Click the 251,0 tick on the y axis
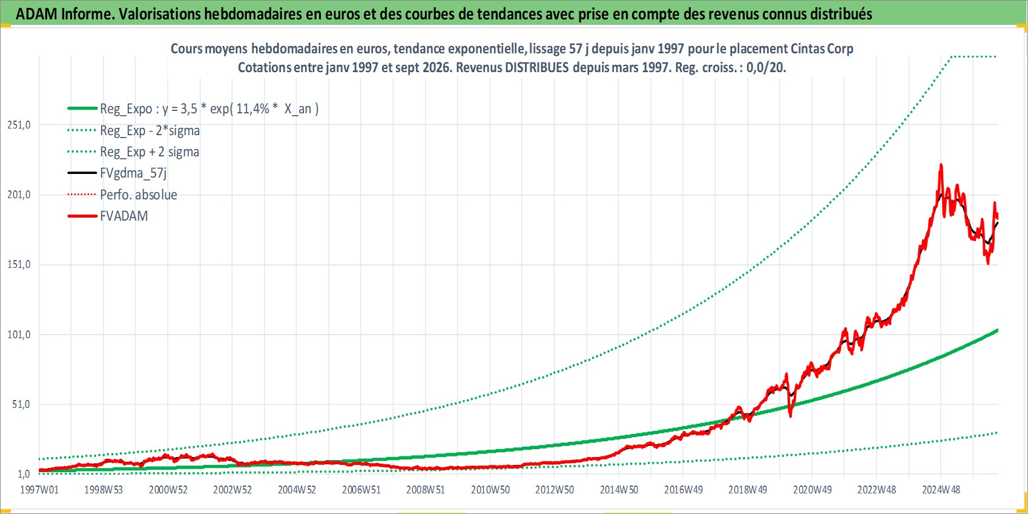tap(19, 125)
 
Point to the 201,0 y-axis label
tap(19, 195)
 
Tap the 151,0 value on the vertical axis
tap(19, 265)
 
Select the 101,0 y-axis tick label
tap(19, 335)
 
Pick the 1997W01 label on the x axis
tap(39, 490)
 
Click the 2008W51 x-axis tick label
tap(426, 490)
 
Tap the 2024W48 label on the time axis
tap(941, 490)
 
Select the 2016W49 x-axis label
tap(684, 490)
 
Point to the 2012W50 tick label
tap(555, 490)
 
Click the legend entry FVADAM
tap(124, 216)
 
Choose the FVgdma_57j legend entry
tap(133, 173)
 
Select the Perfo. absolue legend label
tap(139, 195)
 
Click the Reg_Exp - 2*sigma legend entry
tap(150, 131)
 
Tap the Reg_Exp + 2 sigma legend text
tap(150, 152)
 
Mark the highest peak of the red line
tap(941, 164)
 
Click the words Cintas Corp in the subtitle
tap(822, 48)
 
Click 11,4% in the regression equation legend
tap(253, 109)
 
